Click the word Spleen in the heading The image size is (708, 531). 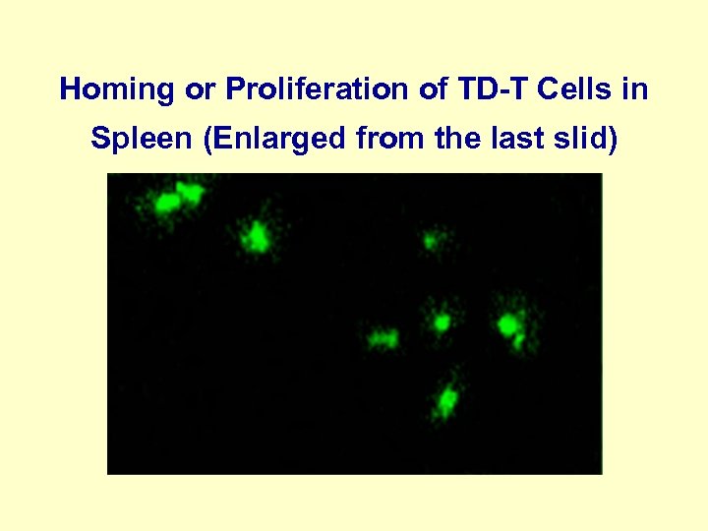(142, 140)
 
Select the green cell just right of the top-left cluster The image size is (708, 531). (257, 236)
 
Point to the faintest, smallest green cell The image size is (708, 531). (431, 239)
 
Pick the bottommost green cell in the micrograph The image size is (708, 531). (446, 399)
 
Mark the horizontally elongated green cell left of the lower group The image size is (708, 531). (382, 340)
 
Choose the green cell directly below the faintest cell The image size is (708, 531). (442, 321)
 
